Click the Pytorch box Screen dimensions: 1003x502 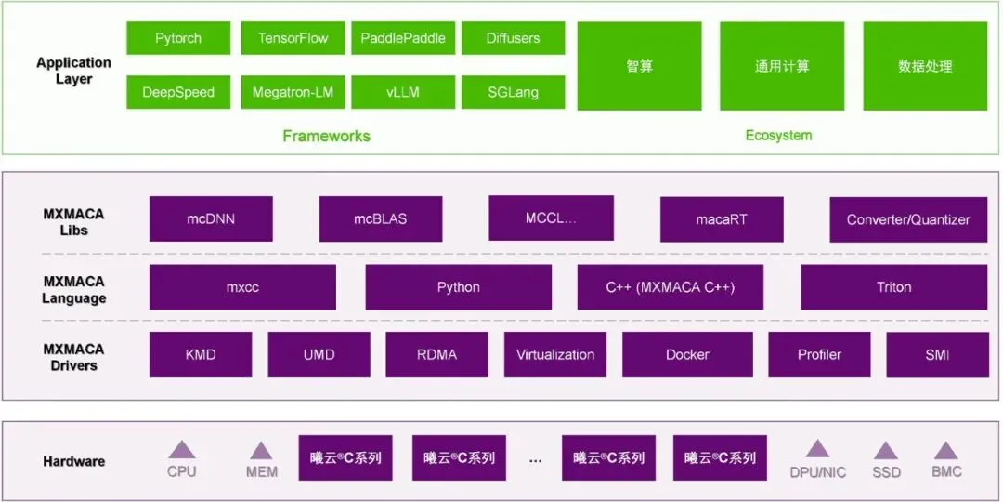(x=178, y=38)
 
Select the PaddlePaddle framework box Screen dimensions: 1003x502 (x=403, y=38)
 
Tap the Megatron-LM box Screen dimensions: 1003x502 (x=292, y=92)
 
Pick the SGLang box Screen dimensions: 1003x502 (x=513, y=92)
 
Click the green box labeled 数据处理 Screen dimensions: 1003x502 (x=925, y=67)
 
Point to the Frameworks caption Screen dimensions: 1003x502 (x=326, y=137)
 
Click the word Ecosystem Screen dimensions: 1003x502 (x=778, y=136)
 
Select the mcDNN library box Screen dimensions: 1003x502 (x=211, y=219)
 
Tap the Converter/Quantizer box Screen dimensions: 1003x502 (x=907, y=220)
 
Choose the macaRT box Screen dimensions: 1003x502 (x=722, y=220)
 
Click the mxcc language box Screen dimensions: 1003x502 (x=242, y=287)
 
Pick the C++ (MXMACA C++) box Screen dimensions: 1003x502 (x=670, y=287)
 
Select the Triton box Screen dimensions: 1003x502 (x=893, y=287)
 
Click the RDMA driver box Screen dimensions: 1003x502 (x=436, y=354)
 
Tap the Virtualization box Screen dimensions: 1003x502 (x=555, y=354)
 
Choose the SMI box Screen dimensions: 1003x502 (x=936, y=354)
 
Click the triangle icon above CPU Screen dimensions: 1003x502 (x=182, y=450)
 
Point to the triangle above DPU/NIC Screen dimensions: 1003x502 (x=817, y=449)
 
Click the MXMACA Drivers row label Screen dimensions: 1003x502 (x=73, y=357)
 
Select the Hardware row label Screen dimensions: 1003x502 (x=73, y=461)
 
